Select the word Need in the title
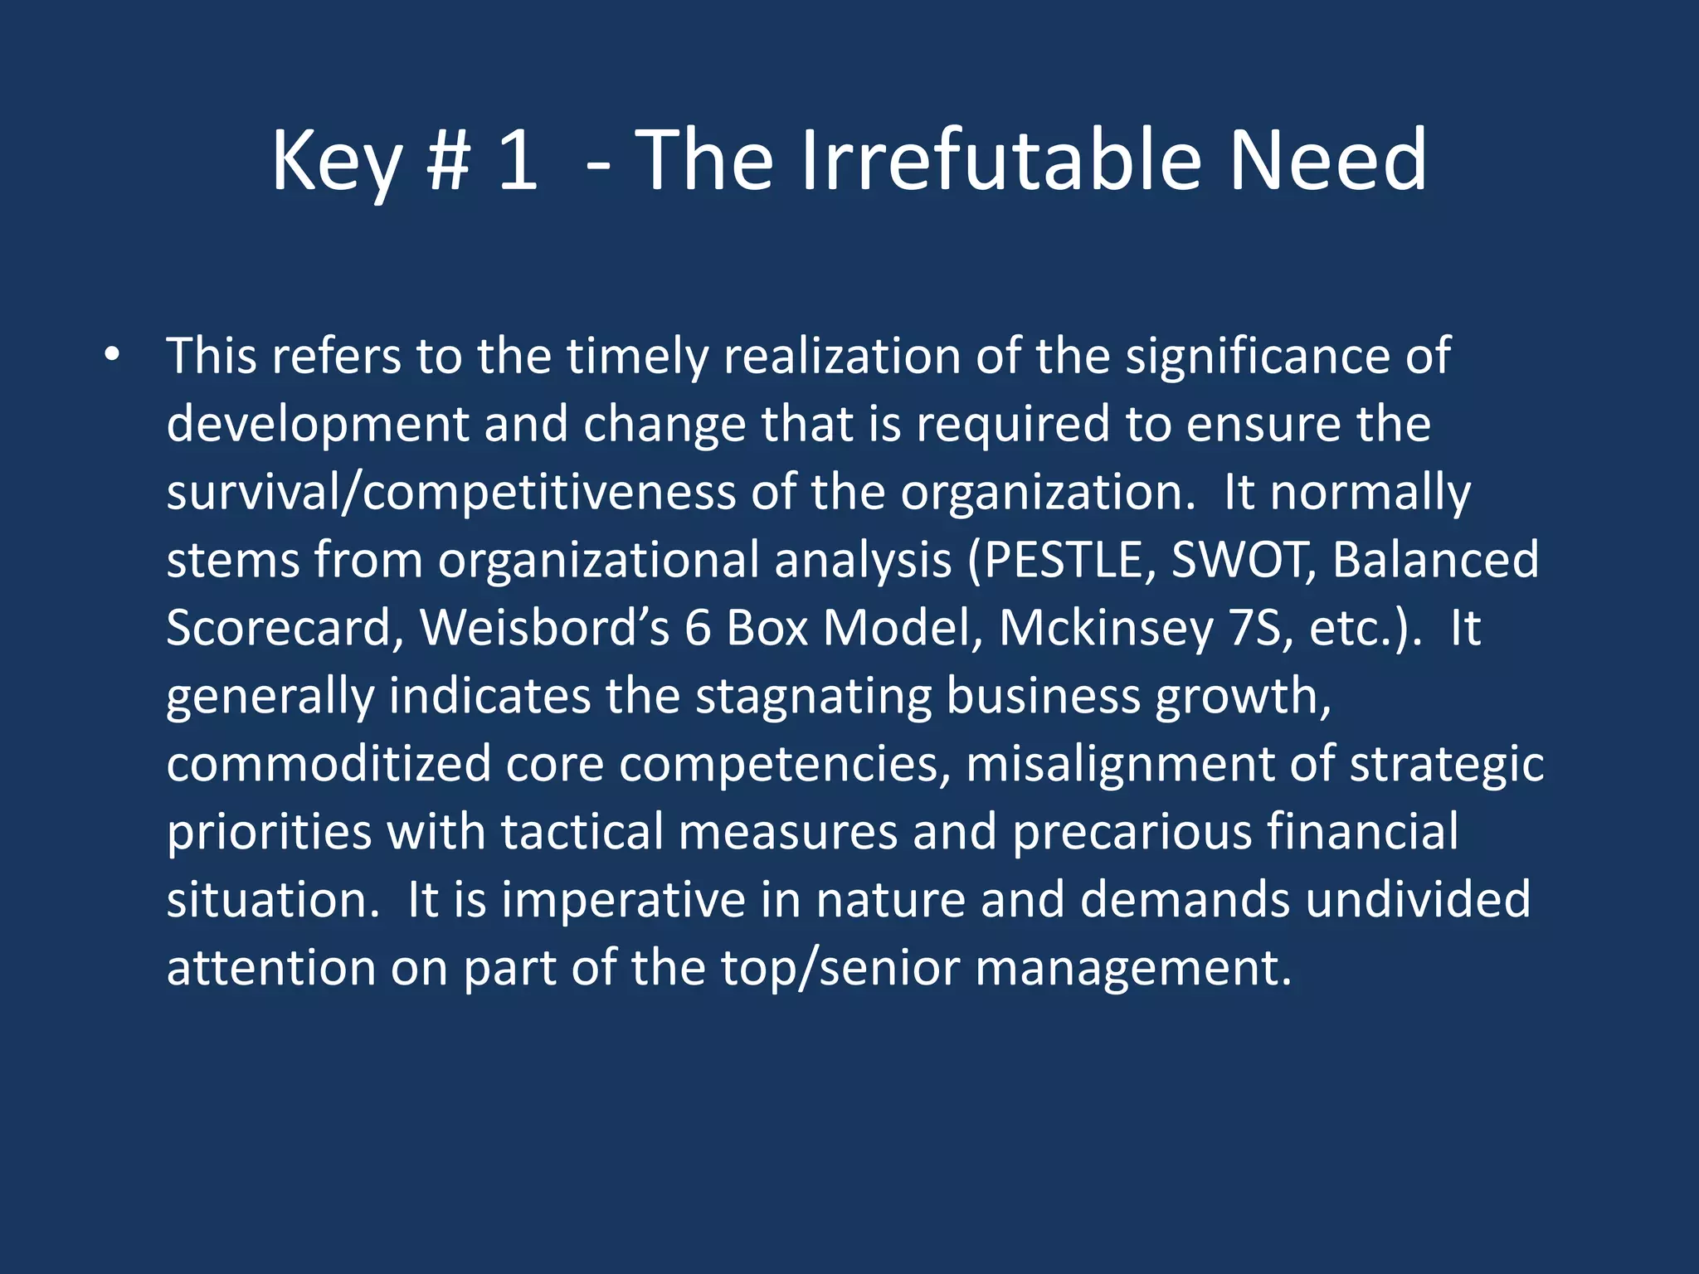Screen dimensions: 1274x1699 (1327, 161)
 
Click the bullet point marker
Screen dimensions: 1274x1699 (113, 357)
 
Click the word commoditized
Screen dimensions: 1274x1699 (329, 764)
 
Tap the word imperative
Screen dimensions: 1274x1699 (623, 900)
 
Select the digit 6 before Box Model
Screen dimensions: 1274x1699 (698, 628)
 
